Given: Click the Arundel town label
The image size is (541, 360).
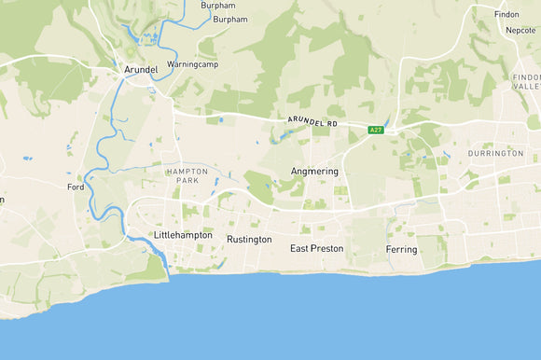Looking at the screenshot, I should point(140,69).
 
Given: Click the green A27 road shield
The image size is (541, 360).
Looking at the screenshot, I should point(374,130).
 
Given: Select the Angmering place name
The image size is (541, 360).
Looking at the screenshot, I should point(314,172).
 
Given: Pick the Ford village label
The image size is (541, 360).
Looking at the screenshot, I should point(76,187).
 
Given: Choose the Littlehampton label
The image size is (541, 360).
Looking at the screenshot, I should point(184,236).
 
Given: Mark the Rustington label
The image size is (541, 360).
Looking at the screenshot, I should point(249,240).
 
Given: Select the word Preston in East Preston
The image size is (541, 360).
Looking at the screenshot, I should point(326,249).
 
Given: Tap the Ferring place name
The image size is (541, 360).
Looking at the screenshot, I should point(401,250).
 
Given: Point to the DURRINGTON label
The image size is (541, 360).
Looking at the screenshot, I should point(495,153).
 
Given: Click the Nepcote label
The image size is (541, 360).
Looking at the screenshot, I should point(520,30).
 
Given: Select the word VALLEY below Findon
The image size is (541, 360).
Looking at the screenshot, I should point(526,86).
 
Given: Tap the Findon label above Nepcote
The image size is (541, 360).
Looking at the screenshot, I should point(506,15).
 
